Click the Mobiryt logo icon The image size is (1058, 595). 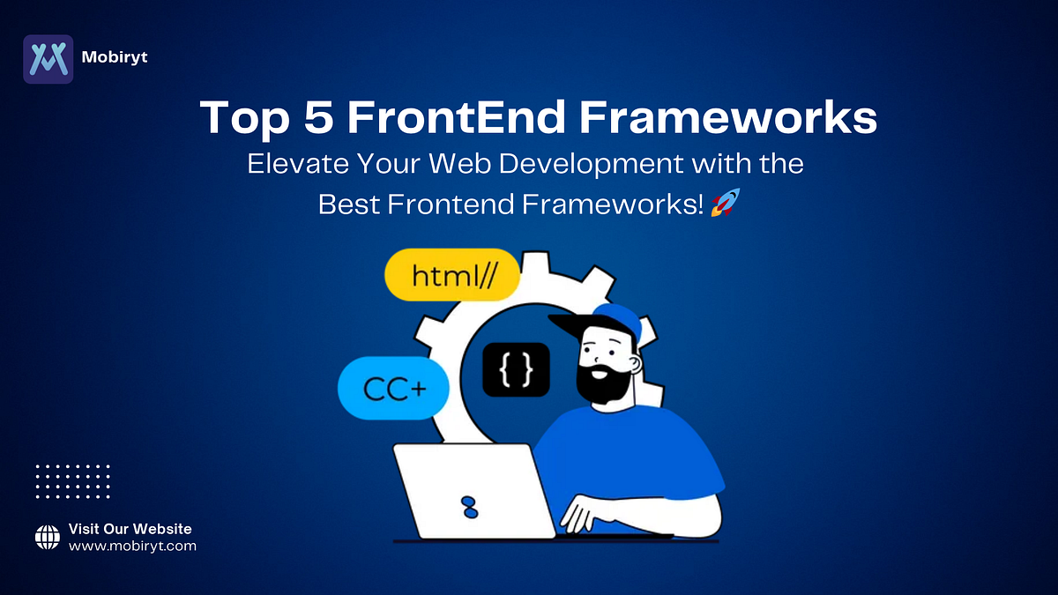[x=48, y=59]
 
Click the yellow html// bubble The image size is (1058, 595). [x=452, y=276]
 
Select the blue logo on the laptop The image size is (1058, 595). [x=469, y=506]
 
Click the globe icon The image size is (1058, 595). [x=47, y=537]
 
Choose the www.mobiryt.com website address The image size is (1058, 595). [x=132, y=547]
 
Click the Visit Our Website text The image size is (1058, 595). [x=130, y=529]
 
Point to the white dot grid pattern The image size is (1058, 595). [x=72, y=481]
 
